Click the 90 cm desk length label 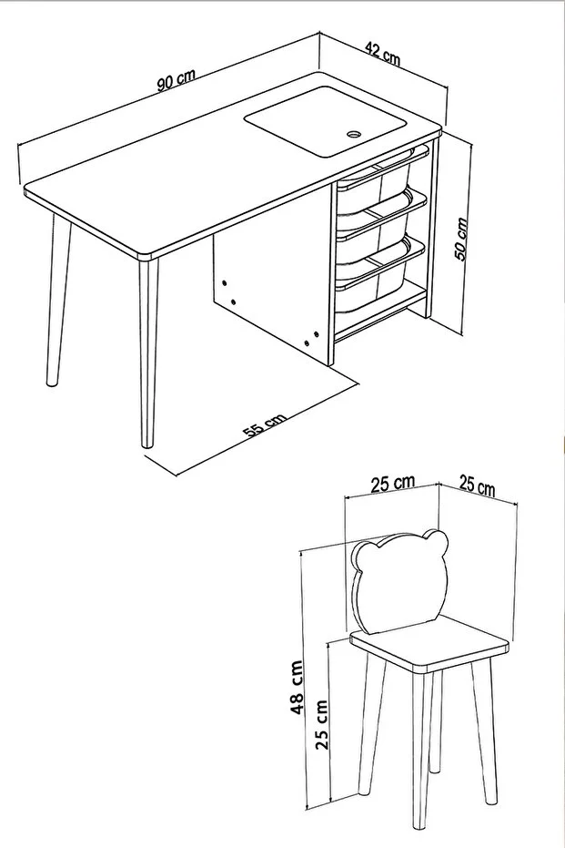pos(177,80)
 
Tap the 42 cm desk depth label pos(383,53)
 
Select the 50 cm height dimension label pos(460,239)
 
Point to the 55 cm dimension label pos(264,425)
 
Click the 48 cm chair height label pos(296,688)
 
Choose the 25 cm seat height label pos(322,723)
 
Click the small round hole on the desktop pos(354,132)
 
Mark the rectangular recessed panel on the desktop pos(325,122)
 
